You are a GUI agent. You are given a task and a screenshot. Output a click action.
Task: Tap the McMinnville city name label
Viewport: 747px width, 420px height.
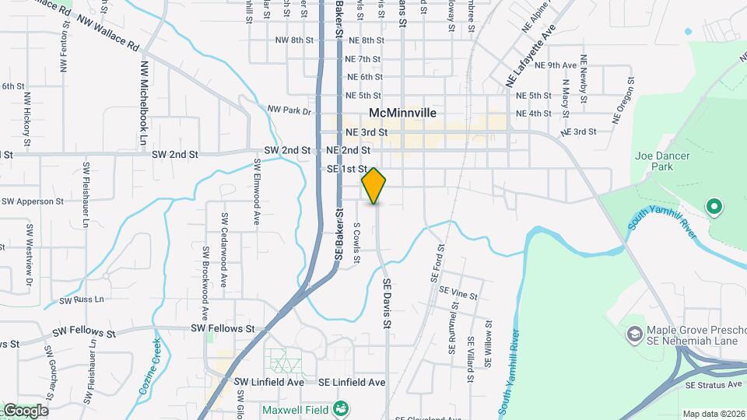[402, 113]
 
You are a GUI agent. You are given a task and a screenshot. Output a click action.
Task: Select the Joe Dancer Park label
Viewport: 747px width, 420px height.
[662, 161]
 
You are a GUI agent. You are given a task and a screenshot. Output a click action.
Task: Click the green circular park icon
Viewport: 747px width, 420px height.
[714, 207]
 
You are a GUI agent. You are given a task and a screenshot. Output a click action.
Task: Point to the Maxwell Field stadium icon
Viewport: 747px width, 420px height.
[340, 408]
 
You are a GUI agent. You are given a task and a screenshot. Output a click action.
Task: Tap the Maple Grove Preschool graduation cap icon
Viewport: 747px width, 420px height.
[634, 333]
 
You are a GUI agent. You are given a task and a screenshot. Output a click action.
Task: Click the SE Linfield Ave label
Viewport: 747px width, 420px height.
[352, 383]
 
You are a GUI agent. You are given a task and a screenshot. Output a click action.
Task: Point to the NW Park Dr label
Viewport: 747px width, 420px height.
[289, 111]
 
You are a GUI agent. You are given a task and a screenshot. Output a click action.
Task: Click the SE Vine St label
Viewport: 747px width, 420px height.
[458, 294]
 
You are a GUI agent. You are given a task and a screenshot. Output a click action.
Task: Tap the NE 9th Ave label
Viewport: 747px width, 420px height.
[561, 65]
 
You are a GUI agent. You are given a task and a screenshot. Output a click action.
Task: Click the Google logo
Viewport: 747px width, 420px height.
[25, 411]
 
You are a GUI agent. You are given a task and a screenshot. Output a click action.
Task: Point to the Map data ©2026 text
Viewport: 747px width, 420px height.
[713, 414]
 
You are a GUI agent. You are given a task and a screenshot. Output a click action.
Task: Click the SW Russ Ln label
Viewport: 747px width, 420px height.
[82, 299]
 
